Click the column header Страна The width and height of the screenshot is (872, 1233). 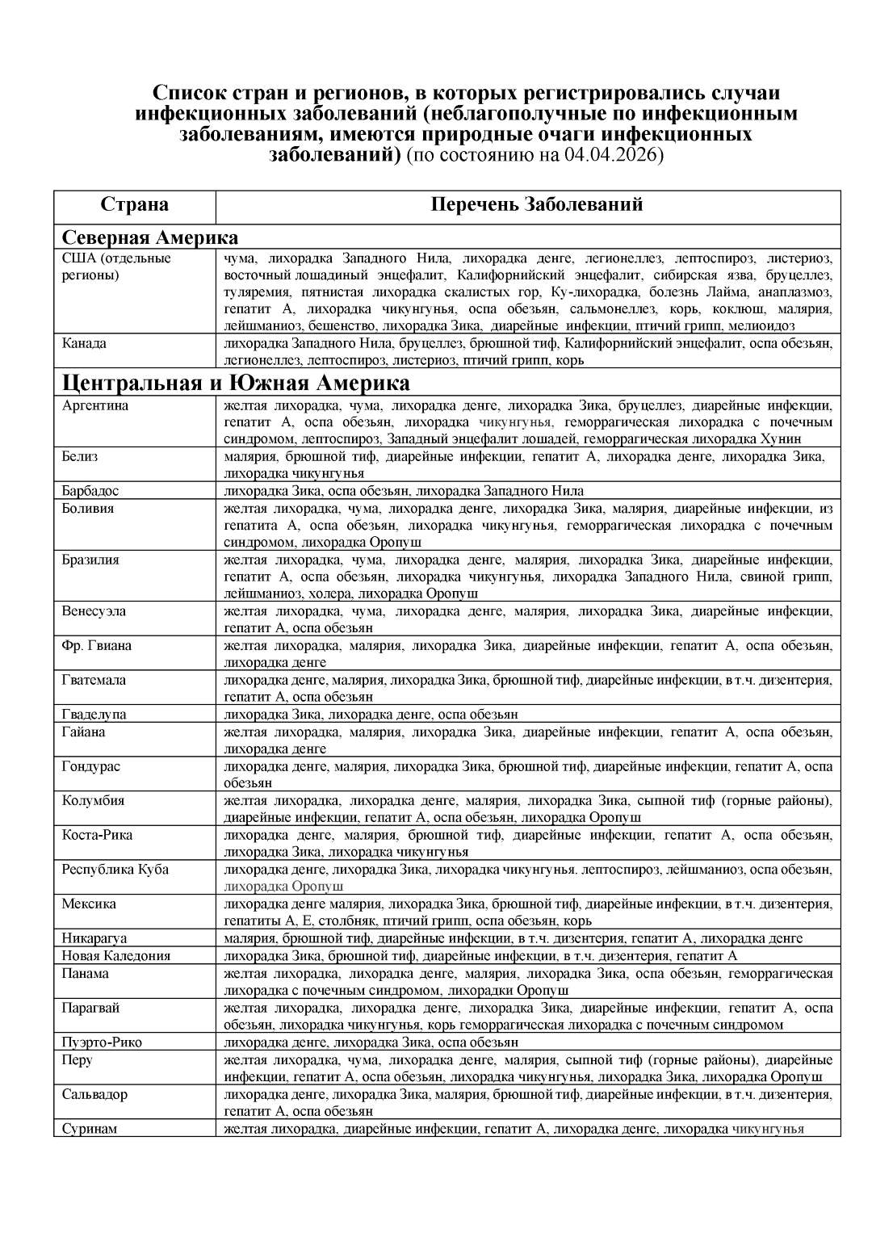(134, 204)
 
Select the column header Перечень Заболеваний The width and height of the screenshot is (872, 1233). (537, 204)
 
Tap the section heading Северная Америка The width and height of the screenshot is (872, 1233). (150, 237)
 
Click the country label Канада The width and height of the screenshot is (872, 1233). (84, 343)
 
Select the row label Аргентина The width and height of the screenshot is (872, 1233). (95, 405)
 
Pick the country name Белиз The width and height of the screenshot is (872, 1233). (80, 456)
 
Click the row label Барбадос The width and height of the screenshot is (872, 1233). (90, 491)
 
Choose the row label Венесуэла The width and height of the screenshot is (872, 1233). (94, 610)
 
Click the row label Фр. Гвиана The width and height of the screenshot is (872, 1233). (97, 645)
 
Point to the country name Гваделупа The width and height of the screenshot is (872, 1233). (94, 714)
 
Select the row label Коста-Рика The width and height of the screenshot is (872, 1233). (97, 835)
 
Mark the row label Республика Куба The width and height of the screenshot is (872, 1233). (115, 870)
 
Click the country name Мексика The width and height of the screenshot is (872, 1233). (89, 904)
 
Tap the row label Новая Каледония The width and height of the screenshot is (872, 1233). (116, 956)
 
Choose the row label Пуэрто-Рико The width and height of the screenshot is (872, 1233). (102, 1042)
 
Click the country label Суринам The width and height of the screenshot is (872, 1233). (90, 1129)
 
